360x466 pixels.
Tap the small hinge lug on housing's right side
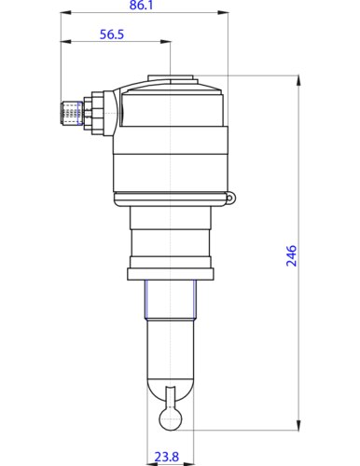coord(230,196)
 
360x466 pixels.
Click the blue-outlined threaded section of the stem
coord(171,298)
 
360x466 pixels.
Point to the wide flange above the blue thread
coord(171,272)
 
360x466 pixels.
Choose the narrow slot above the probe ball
coord(171,396)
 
